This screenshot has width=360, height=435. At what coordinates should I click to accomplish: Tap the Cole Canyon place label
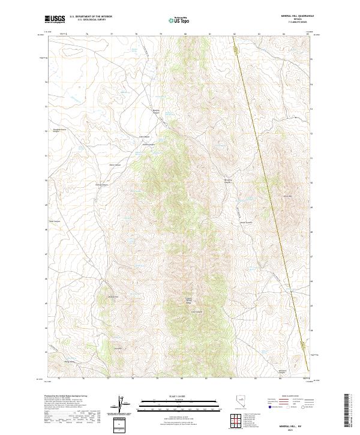144,136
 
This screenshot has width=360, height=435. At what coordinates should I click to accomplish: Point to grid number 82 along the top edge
234,34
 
